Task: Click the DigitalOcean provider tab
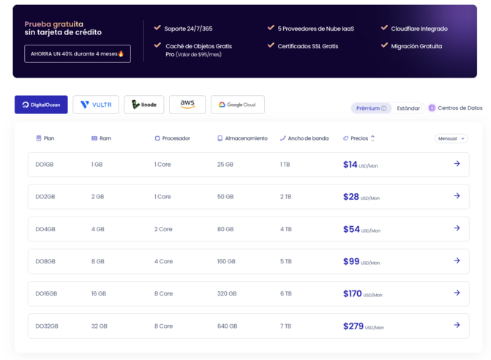coord(41,105)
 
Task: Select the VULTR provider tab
coord(96,105)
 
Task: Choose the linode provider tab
coord(144,105)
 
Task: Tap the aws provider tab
coord(187,105)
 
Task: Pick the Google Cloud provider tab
coord(238,105)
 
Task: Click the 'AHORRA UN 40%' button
coord(78,53)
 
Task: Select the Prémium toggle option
coord(371,108)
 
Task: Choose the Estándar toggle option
coord(408,108)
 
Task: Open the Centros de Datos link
coord(455,108)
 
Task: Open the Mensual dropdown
coord(451,138)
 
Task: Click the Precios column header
coord(359,138)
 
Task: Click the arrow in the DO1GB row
coord(457,164)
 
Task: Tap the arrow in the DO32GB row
coord(457,325)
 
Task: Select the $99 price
coord(351,261)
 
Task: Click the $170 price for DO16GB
coord(353,293)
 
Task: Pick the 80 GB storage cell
coord(225,229)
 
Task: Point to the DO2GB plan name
coord(45,197)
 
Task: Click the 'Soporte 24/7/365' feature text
coord(188,29)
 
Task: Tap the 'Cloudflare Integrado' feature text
coord(419,29)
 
